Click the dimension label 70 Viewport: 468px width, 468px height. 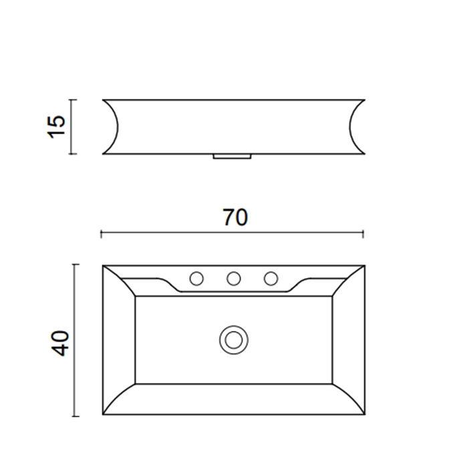pyautogui.click(x=235, y=217)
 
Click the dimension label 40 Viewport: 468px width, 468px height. pyautogui.click(x=61, y=343)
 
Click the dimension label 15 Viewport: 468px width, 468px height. pyautogui.click(x=56, y=126)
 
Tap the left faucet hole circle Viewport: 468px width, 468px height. pyautogui.click(x=197, y=279)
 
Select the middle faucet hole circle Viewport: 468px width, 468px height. pyautogui.click(x=234, y=279)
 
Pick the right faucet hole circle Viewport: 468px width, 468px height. pyautogui.click(x=271, y=279)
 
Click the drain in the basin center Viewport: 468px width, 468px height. pyautogui.click(x=234, y=340)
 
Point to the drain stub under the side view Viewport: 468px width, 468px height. pyautogui.click(x=232, y=156)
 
